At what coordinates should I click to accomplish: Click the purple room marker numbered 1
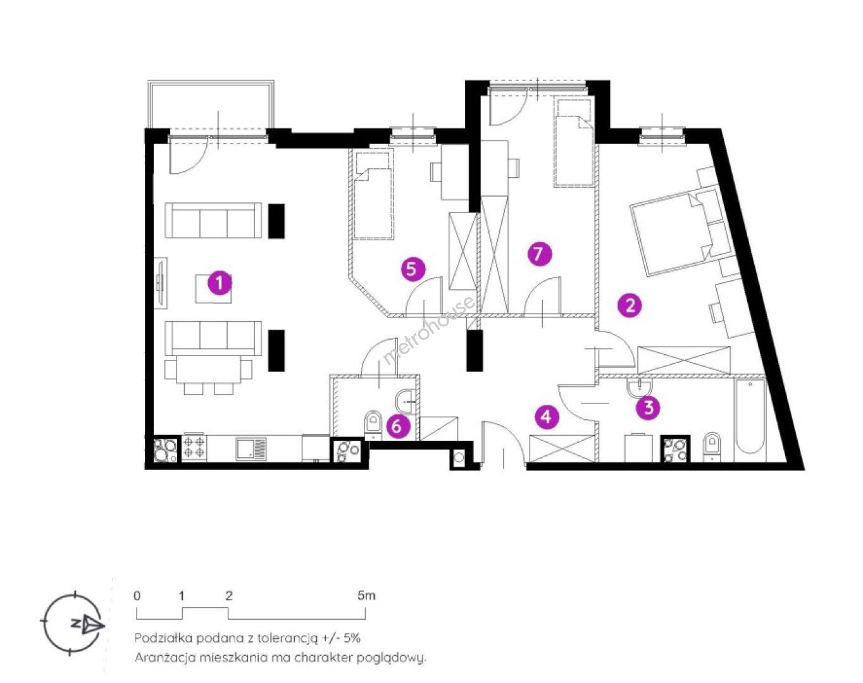pyautogui.click(x=220, y=283)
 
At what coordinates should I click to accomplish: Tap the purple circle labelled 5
pyautogui.click(x=413, y=269)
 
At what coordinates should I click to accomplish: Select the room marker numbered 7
pyautogui.click(x=539, y=254)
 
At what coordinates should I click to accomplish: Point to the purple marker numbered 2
pyautogui.click(x=630, y=306)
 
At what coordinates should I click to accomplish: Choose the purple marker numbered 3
pyautogui.click(x=649, y=407)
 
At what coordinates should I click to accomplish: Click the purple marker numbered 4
pyautogui.click(x=547, y=417)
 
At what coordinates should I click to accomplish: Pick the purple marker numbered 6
pyautogui.click(x=397, y=426)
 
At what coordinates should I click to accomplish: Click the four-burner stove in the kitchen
pyautogui.click(x=194, y=447)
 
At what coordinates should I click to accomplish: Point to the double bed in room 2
pyautogui.click(x=684, y=231)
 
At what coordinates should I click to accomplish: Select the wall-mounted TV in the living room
pyautogui.click(x=161, y=283)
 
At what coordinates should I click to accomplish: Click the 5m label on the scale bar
pyautogui.click(x=366, y=596)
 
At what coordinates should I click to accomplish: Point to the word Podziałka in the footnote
pyautogui.click(x=165, y=637)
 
